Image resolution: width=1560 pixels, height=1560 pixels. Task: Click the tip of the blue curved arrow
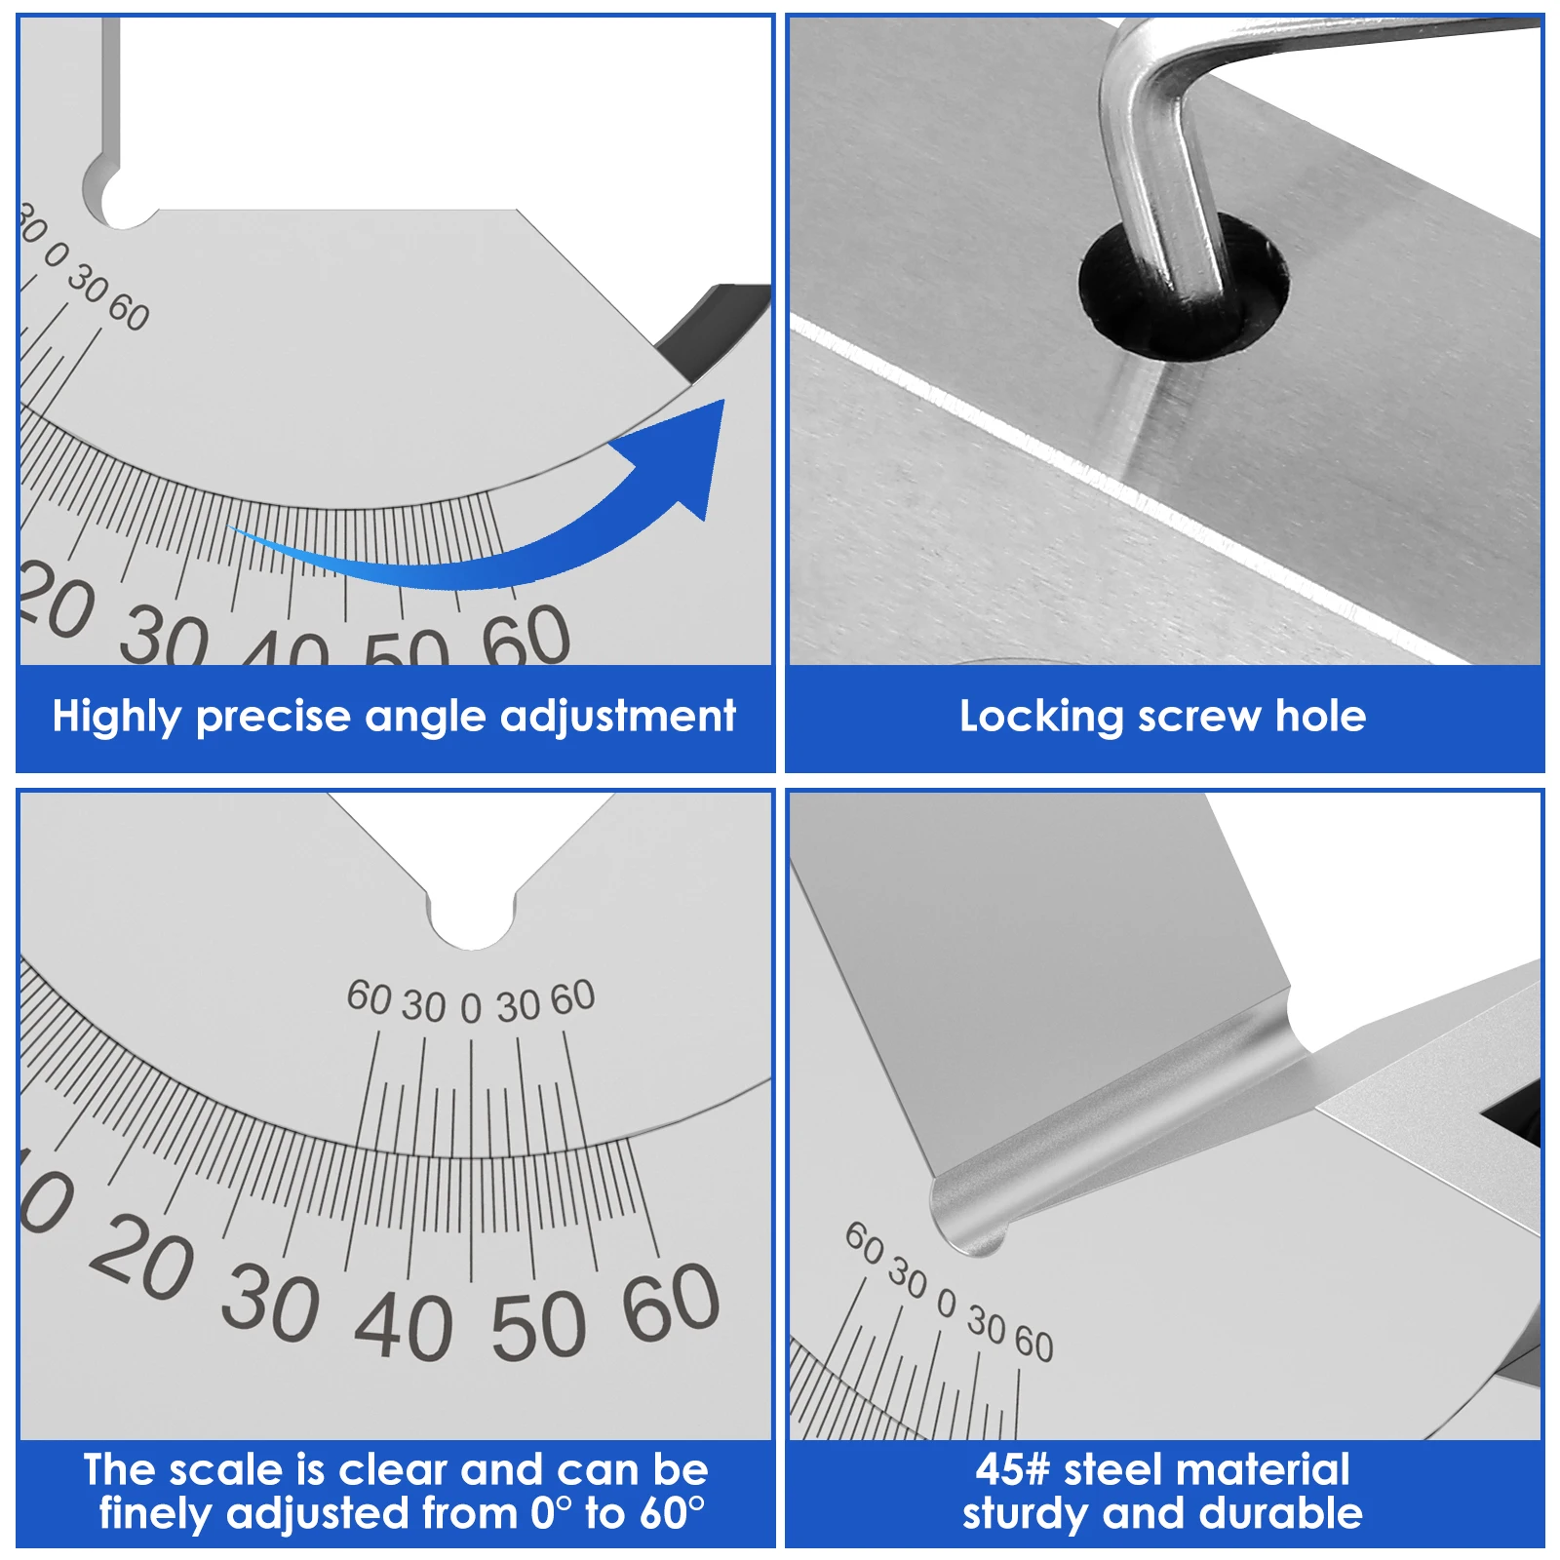click(723, 401)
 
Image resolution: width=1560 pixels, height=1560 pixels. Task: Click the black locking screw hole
click(1183, 288)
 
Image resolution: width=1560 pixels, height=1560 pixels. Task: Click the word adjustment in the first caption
click(617, 717)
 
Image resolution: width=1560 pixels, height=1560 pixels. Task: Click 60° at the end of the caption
click(672, 1513)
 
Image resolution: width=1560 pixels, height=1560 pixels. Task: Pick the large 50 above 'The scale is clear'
click(538, 1325)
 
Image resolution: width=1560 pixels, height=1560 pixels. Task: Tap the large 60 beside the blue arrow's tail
click(526, 636)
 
